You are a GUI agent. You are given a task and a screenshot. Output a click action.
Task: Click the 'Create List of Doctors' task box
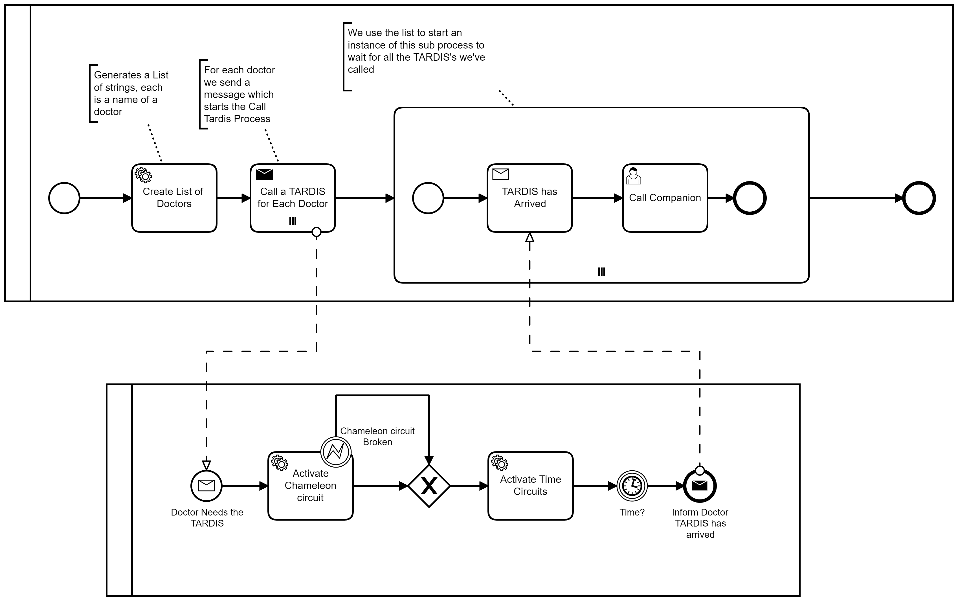(174, 198)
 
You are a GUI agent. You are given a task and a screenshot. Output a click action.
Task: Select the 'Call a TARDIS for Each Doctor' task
(293, 198)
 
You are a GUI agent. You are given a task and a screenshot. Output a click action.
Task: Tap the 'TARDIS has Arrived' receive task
(530, 198)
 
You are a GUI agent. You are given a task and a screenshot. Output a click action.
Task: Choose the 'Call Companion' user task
(665, 198)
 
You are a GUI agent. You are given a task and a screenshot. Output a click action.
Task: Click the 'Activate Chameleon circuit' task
(310, 486)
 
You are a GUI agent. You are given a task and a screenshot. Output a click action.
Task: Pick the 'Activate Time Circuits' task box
(530, 486)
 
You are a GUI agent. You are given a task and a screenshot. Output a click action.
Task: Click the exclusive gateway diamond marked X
(429, 486)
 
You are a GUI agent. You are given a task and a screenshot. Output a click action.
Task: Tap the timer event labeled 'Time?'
(632, 486)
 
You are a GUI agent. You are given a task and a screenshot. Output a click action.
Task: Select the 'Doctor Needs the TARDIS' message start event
(206, 486)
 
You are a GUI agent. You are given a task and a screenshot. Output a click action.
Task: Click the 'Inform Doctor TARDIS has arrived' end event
(700, 486)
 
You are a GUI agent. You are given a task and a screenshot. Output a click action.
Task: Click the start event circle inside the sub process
(428, 198)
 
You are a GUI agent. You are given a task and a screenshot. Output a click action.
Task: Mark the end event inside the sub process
(750, 198)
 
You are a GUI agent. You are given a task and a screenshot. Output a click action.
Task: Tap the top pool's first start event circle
(64, 198)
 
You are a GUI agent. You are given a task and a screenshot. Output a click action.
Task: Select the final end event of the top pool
(919, 198)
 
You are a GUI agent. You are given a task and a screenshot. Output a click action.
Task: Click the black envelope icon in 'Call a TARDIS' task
(264, 174)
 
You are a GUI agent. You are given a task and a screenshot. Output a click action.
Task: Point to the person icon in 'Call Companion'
(633, 176)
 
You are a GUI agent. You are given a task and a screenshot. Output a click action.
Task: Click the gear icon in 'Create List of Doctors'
(143, 175)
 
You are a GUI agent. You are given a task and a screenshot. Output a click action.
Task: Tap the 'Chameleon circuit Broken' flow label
(377, 437)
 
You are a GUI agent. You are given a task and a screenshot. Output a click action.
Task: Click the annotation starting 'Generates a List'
(131, 93)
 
